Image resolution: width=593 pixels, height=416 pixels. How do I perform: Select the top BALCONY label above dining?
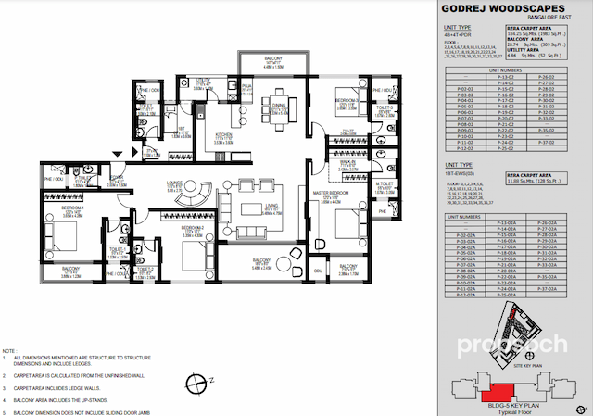(263, 60)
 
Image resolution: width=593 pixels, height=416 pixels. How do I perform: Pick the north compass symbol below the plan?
(193, 381)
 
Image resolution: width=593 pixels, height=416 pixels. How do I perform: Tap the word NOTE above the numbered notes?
(9, 351)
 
